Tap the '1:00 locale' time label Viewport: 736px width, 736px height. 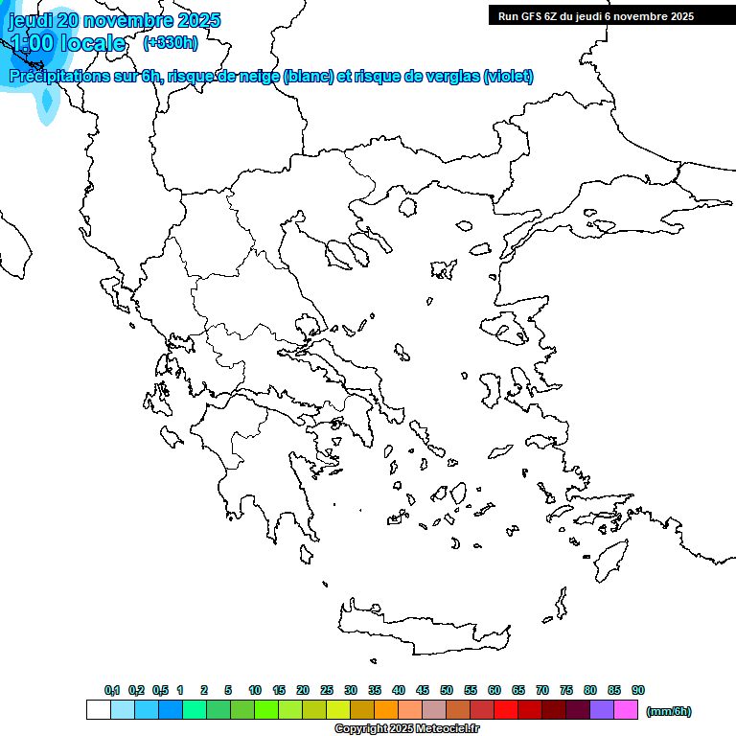[x=67, y=43]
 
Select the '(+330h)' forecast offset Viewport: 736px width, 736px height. [x=171, y=42]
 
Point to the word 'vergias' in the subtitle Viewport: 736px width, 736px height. [x=449, y=77]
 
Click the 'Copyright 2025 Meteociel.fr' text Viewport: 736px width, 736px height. [x=406, y=728]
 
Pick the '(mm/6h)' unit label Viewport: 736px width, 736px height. [x=668, y=711]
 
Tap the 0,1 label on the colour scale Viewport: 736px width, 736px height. [x=111, y=691]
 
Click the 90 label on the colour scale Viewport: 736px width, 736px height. [x=638, y=691]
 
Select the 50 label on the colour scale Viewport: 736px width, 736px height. [x=447, y=691]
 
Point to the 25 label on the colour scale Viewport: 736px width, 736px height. [x=327, y=691]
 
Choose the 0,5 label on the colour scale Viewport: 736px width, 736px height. [x=159, y=691]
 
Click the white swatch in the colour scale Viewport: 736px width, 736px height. [x=98, y=709]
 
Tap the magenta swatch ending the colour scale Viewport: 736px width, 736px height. [x=626, y=709]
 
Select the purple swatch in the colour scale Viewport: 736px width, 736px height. [x=602, y=709]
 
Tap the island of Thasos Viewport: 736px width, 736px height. [x=409, y=207]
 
